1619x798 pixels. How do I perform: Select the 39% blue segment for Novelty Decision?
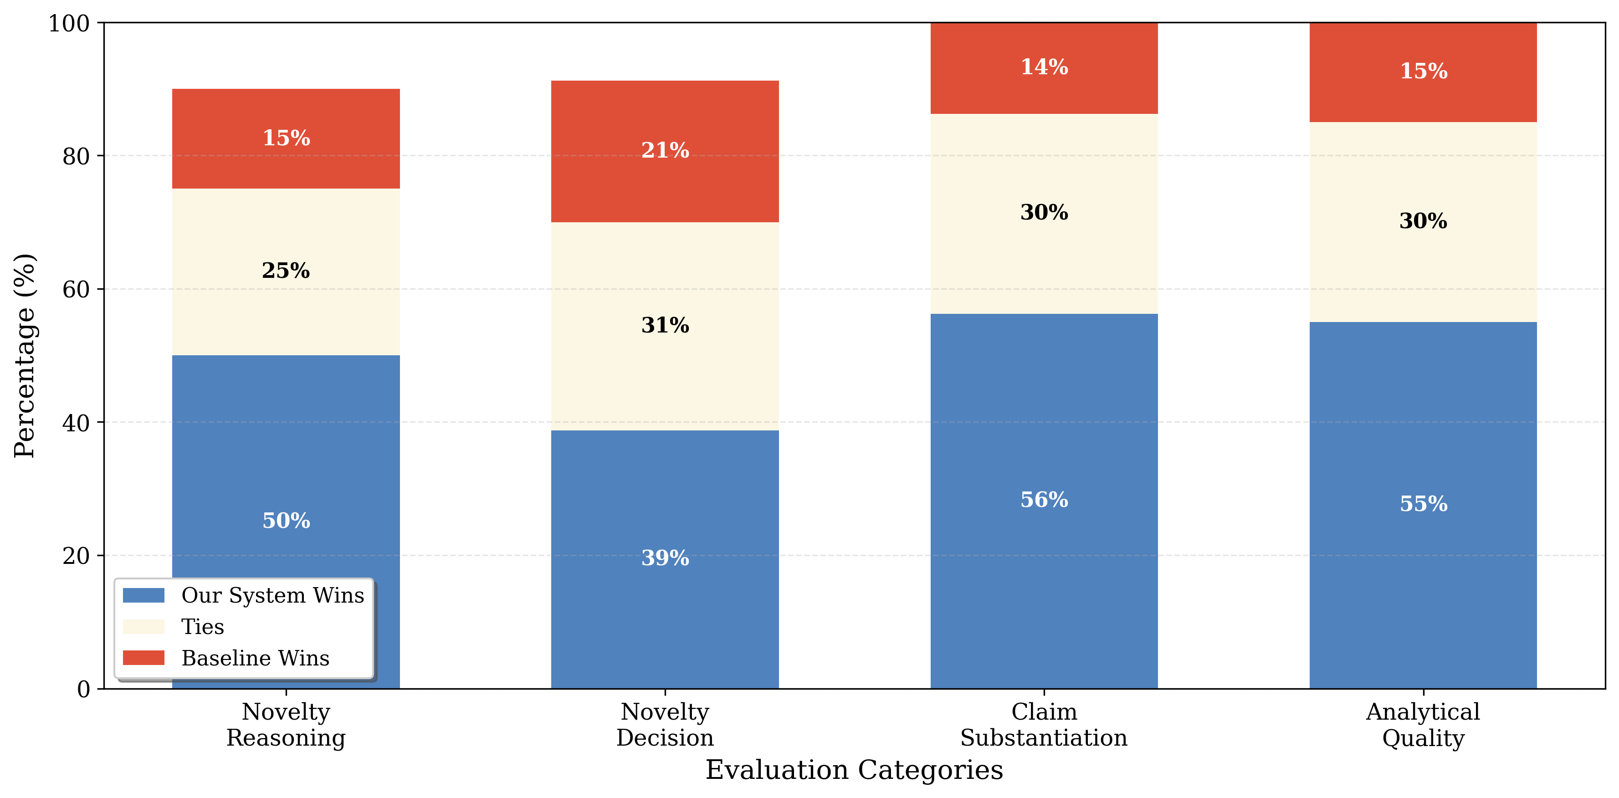665,558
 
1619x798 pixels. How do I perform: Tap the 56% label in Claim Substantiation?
1044,500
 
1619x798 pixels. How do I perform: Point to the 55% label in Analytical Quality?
1424,504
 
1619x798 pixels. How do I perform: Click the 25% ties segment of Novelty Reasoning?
286,271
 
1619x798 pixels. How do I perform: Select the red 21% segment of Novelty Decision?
665,151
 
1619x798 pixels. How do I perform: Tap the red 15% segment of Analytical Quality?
1424,71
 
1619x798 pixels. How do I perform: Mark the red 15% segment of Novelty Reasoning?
286,138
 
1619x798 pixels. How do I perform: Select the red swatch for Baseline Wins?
144,658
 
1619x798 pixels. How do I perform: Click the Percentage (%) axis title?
25,356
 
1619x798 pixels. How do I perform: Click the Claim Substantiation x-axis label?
1044,725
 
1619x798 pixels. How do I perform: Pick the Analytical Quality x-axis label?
1424,725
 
